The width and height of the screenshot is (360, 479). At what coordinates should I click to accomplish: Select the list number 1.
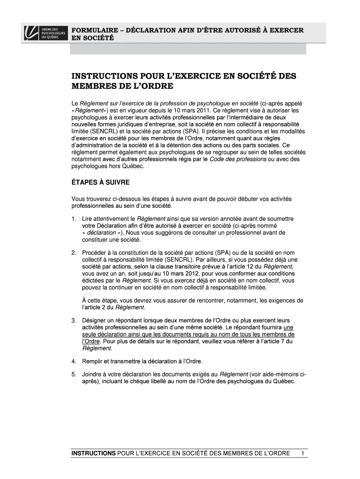click(x=74, y=218)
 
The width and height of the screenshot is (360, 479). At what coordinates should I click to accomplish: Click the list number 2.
click(x=74, y=253)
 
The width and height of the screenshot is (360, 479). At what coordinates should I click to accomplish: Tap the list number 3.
click(x=74, y=320)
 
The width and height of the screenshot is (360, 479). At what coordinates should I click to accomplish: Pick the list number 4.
click(x=74, y=361)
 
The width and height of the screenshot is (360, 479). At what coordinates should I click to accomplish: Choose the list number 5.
click(x=74, y=374)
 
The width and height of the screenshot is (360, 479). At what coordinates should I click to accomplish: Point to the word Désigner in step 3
click(x=95, y=320)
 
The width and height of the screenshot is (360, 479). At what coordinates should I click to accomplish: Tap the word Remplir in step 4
click(x=94, y=361)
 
